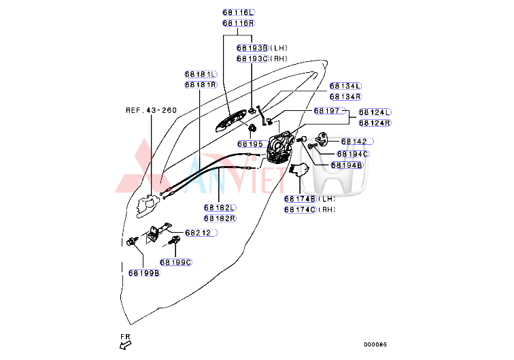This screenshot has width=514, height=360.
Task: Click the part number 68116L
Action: (238, 12)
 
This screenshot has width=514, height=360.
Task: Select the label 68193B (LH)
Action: (262, 48)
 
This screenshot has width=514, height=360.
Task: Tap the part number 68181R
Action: (200, 84)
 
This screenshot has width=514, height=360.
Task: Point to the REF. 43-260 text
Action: (150, 110)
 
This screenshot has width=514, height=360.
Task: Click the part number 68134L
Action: (345, 86)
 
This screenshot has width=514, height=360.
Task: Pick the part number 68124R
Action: (375, 122)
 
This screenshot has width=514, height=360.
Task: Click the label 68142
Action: (354, 142)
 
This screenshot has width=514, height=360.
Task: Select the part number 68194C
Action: (353, 153)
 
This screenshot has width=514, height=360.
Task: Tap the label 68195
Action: (250, 144)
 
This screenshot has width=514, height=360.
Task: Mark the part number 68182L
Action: (219, 208)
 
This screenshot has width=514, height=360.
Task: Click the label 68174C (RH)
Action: (309, 209)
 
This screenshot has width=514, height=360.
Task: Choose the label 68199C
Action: (176, 261)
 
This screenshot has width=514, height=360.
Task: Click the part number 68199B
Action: (143, 273)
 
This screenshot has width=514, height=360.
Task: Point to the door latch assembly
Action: (280, 148)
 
